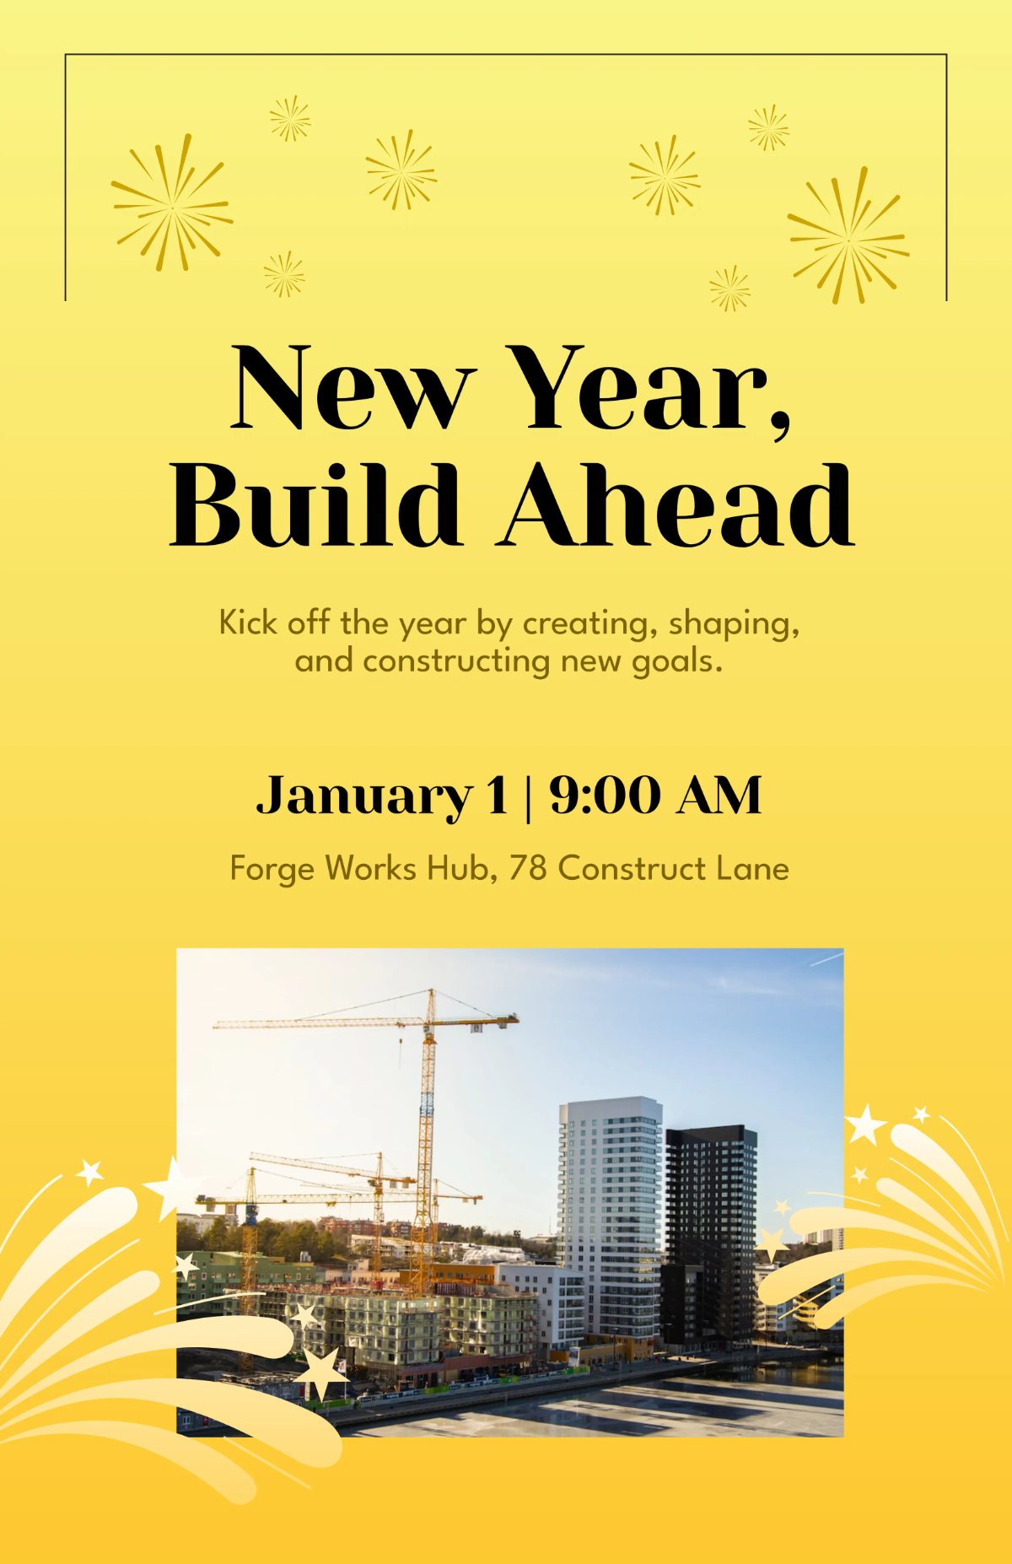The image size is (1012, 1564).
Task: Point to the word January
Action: (363, 795)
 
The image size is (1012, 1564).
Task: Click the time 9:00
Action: (605, 795)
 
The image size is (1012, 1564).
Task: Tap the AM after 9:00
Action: (719, 795)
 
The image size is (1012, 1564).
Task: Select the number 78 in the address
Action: (527, 868)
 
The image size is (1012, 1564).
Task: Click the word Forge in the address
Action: (273, 869)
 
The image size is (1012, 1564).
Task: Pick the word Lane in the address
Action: (752, 868)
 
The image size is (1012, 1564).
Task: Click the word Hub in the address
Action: (461, 868)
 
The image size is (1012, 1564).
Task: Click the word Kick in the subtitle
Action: (248, 623)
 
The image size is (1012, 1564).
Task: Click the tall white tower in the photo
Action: (610, 1215)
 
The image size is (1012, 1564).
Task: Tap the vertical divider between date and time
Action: (529, 795)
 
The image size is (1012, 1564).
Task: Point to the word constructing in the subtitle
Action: (456, 661)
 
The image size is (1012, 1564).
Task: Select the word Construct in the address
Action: (632, 868)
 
